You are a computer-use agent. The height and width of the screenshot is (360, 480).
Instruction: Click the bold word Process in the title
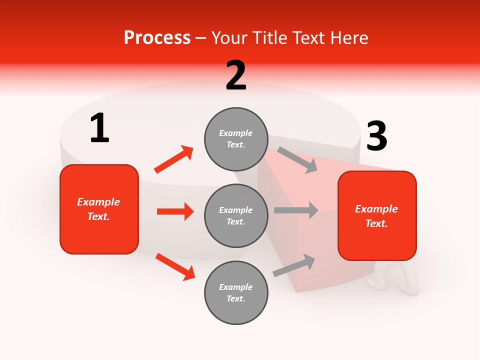(157, 38)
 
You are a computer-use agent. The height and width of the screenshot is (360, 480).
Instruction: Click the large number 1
(99, 128)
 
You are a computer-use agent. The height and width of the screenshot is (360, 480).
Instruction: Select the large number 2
(236, 75)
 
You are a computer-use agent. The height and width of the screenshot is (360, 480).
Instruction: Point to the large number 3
(376, 136)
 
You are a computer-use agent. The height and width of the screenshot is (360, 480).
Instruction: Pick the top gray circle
(236, 139)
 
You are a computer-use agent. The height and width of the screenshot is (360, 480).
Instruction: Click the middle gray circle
(236, 215)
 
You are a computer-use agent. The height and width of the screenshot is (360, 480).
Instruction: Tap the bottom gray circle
(236, 292)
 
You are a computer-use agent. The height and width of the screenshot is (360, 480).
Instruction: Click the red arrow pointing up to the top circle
(174, 159)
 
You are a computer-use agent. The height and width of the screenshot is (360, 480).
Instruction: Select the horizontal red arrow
(175, 211)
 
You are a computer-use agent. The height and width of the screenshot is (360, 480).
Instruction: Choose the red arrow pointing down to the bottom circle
(175, 266)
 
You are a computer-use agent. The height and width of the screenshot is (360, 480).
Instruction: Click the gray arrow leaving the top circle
(297, 160)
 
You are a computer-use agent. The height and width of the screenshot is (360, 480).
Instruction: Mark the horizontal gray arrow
(295, 210)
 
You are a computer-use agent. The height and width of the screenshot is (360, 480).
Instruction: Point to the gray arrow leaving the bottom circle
(294, 265)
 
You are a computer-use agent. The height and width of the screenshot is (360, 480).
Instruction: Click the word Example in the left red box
(98, 202)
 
